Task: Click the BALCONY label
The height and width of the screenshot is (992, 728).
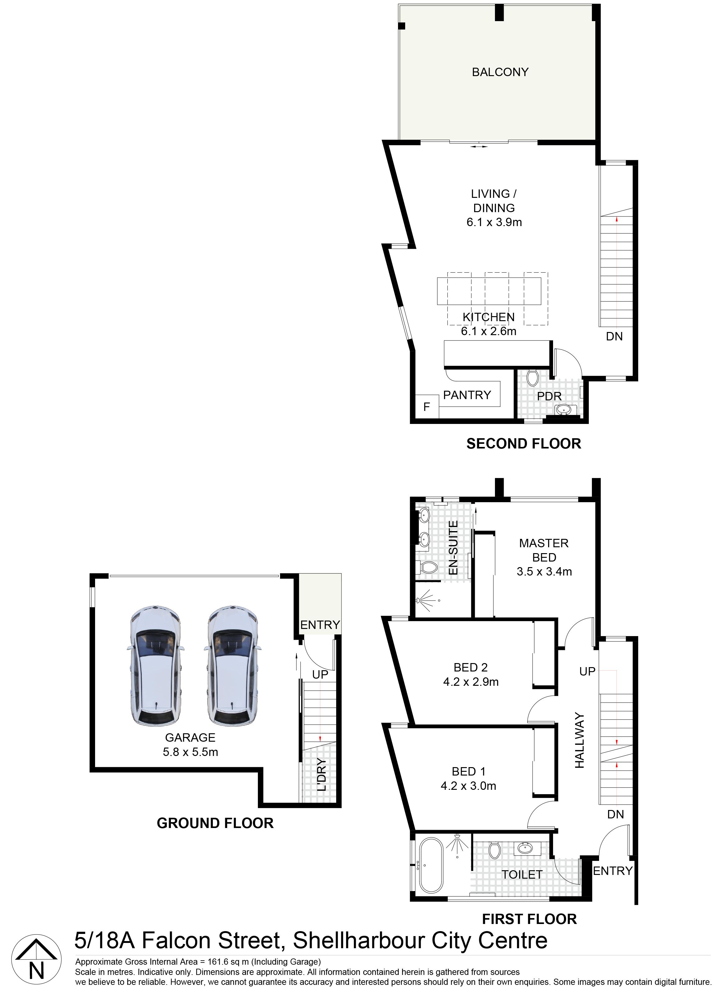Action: point(500,72)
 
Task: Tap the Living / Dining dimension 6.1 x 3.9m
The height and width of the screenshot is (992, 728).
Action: point(494,222)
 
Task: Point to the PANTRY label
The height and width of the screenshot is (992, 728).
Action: point(467,395)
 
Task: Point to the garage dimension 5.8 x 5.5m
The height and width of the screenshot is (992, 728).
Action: point(190,752)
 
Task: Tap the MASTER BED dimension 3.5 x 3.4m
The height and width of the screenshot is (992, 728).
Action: point(544,571)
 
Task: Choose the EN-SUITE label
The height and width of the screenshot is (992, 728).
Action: point(453,548)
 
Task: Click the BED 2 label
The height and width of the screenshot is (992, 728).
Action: point(471,667)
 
